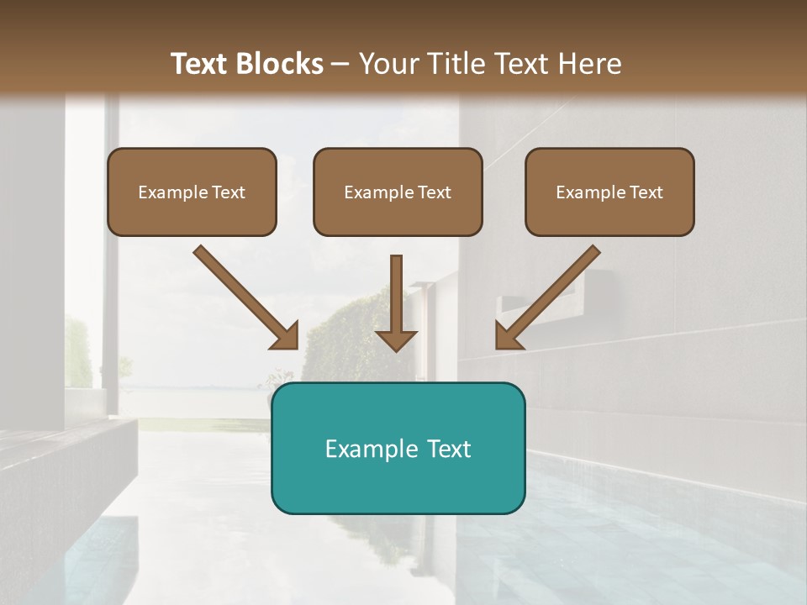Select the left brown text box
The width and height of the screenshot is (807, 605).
[192, 192]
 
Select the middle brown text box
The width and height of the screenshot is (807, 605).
[398, 192]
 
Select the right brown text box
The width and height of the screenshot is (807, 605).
[609, 192]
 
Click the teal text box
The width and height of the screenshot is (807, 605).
[398, 448]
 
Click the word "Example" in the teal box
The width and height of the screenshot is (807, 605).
[369, 449]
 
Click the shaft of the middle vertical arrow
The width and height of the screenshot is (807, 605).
[396, 290]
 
